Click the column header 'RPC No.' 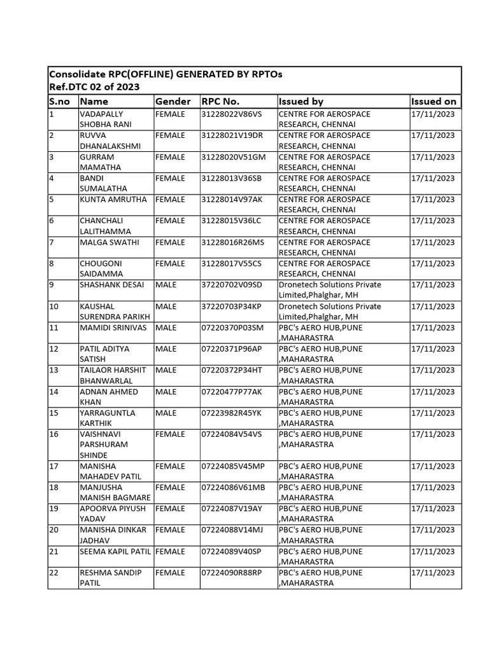click(220, 101)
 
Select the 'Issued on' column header click(434, 101)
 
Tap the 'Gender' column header click(173, 101)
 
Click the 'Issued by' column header click(301, 101)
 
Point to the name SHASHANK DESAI click(113, 285)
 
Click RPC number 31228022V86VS click(231, 114)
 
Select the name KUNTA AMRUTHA click(113, 200)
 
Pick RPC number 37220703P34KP click(231, 306)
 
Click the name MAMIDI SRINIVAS click(113, 327)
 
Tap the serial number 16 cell click(54, 434)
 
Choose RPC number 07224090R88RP click(232, 573)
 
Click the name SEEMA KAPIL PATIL click(115, 551)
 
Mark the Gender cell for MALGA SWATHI click(170, 242)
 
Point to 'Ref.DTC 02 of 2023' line click(94, 87)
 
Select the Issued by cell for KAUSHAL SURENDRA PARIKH click(330, 312)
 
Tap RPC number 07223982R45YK click(231, 413)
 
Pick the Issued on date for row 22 click(433, 573)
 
